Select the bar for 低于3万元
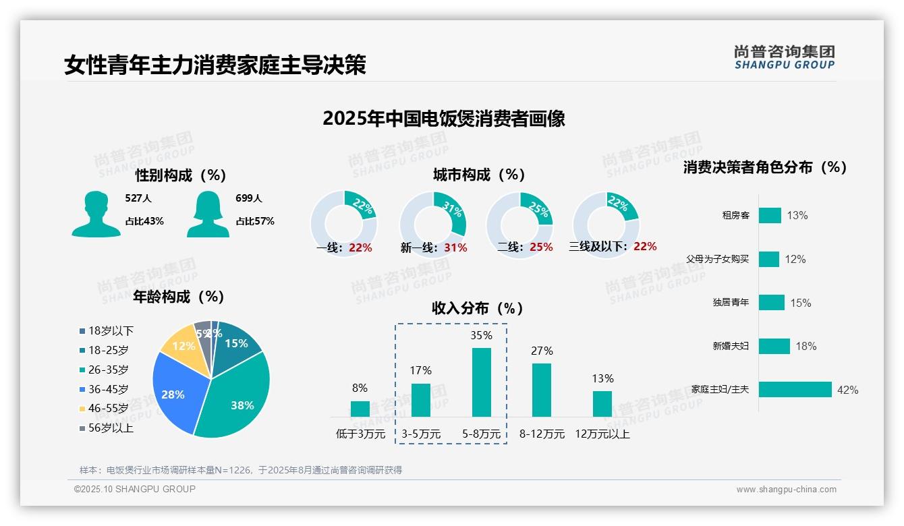pyautogui.click(x=360, y=409)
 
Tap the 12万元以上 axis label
pyautogui.click(x=602, y=434)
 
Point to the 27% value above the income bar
pyautogui.click(x=542, y=351)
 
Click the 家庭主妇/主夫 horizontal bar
pyautogui.click(x=795, y=390)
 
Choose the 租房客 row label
pyautogui.click(x=735, y=216)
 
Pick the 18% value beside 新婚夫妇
pyautogui.click(x=806, y=347)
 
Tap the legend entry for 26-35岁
pyautogui.click(x=108, y=370)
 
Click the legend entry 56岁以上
pyautogui.click(x=110, y=428)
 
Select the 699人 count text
pyautogui.click(x=248, y=198)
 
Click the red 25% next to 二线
pyautogui.click(x=541, y=247)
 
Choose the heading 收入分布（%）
pyautogui.click(x=478, y=308)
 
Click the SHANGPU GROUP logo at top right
pyautogui.click(x=784, y=57)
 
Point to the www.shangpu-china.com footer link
pyautogui.click(x=786, y=490)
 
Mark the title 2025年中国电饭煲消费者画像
pyautogui.click(x=443, y=119)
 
